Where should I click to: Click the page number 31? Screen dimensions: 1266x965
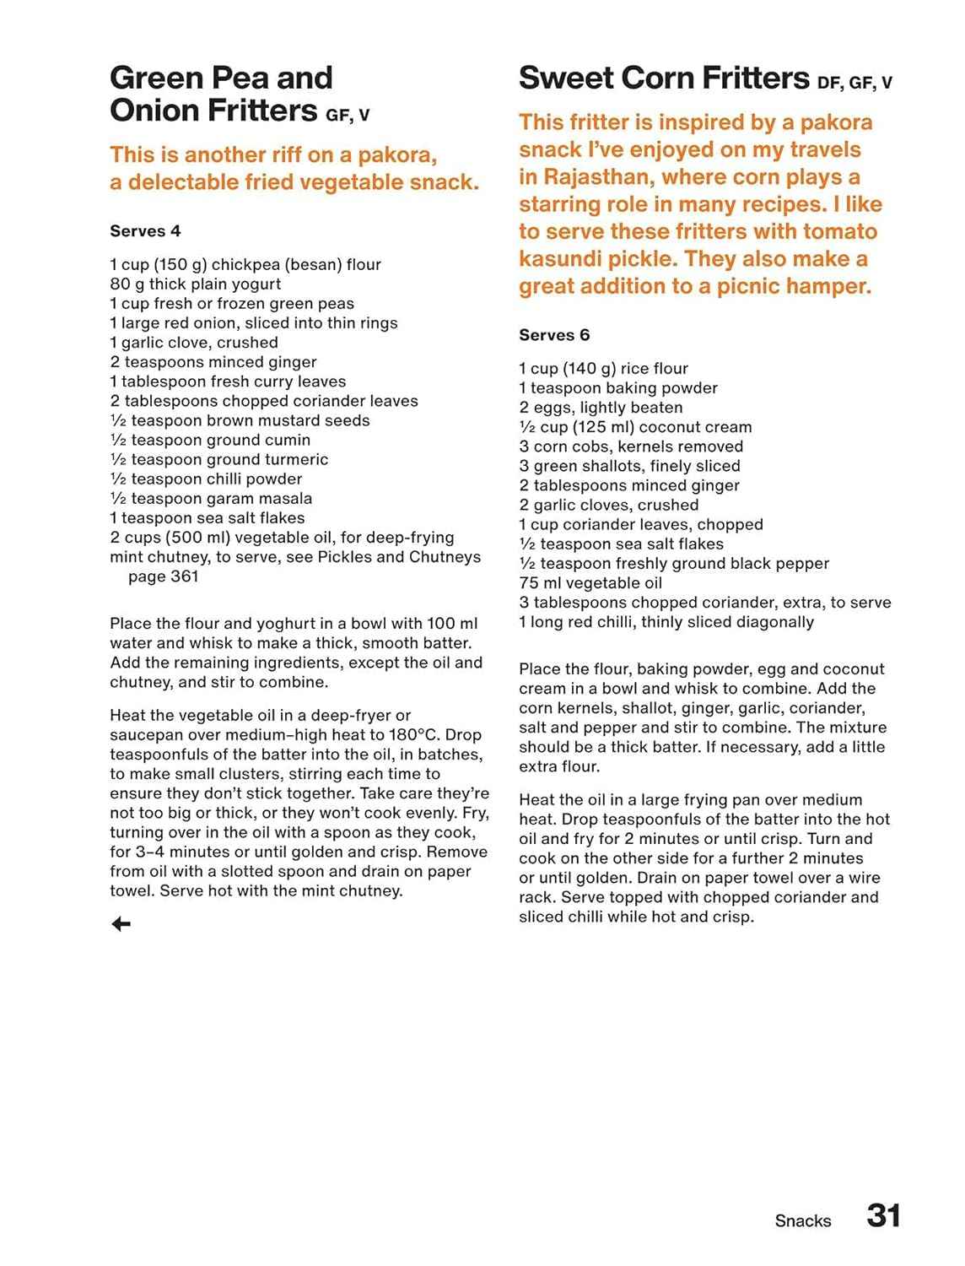coord(883,1215)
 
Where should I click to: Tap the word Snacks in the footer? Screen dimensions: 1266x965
coord(802,1220)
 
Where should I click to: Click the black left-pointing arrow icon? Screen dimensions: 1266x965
coord(121,924)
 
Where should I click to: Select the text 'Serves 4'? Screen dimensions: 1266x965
coord(145,231)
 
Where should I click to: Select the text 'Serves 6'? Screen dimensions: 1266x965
coord(554,335)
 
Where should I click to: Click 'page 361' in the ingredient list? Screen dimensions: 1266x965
coord(164,576)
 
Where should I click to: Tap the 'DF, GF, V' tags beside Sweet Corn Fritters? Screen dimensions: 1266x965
coord(854,83)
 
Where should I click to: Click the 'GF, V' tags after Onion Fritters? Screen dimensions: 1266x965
coord(348,116)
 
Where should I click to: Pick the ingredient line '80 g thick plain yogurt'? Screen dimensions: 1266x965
coord(196,284)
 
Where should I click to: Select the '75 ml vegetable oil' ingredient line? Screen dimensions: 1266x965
coord(590,583)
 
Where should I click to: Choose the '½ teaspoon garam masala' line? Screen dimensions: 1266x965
coord(211,499)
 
